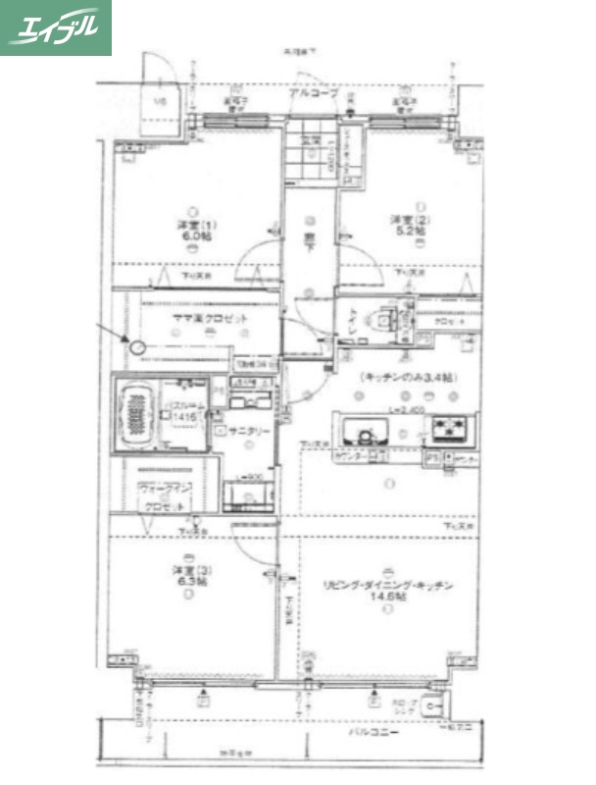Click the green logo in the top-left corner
pyautogui.click(x=55, y=27)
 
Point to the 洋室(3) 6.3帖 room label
pyautogui.click(x=190, y=576)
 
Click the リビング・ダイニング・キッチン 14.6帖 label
pyautogui.click(x=388, y=591)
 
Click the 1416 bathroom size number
pyautogui.click(x=186, y=417)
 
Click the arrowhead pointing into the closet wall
pyautogui.click(x=126, y=340)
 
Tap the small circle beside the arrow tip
pyautogui.click(x=137, y=347)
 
